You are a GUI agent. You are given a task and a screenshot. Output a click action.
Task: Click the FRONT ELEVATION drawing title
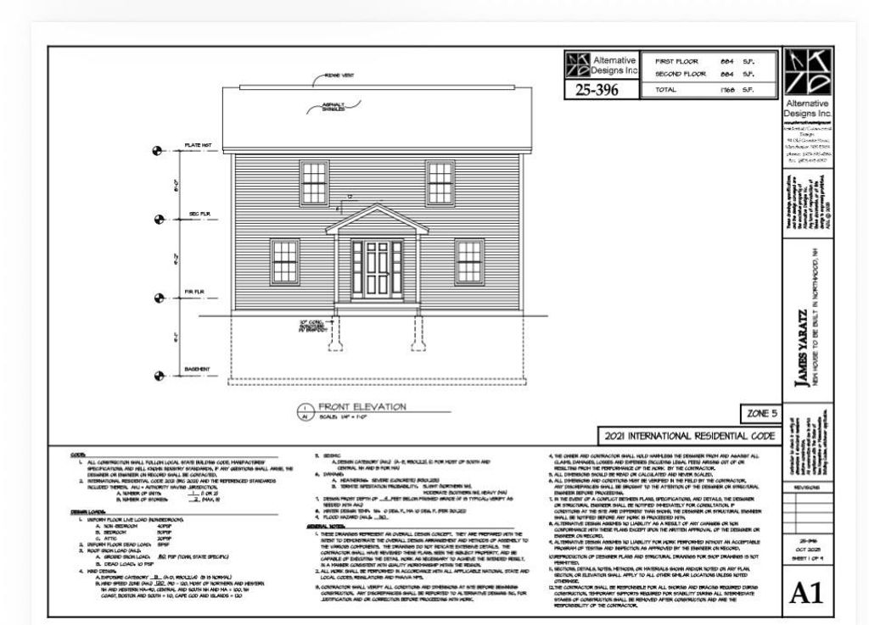tap(362, 407)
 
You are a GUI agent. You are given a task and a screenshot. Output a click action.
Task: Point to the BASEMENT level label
tap(199, 370)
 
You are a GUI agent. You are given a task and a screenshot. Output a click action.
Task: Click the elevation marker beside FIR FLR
tap(158, 298)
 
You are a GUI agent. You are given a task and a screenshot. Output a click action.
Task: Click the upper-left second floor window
tap(314, 183)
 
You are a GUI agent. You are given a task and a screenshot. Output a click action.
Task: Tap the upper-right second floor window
tap(440, 183)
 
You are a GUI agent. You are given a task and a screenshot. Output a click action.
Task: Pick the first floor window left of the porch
tap(285, 261)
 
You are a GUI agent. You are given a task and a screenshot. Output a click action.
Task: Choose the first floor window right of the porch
tap(468, 261)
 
